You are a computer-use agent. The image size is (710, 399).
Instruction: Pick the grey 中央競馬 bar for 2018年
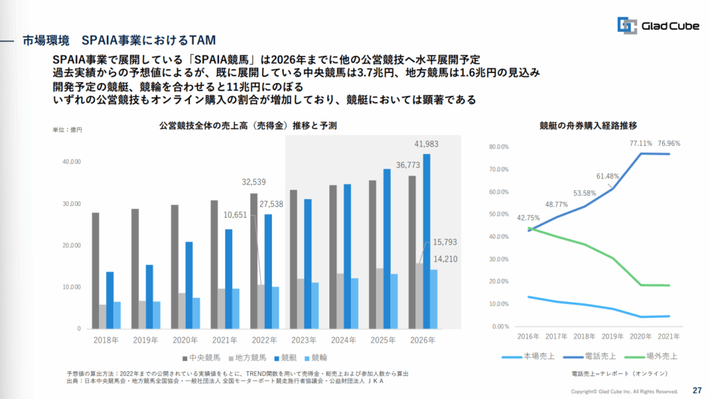95,270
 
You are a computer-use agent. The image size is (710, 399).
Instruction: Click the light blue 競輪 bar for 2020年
196,313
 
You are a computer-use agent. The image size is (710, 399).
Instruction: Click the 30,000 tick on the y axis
71,204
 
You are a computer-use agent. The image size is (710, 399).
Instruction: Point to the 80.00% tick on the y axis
499,147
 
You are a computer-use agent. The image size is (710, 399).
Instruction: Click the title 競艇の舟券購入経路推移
588,126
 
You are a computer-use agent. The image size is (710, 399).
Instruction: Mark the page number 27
696,390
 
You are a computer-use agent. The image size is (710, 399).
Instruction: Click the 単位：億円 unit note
67,130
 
